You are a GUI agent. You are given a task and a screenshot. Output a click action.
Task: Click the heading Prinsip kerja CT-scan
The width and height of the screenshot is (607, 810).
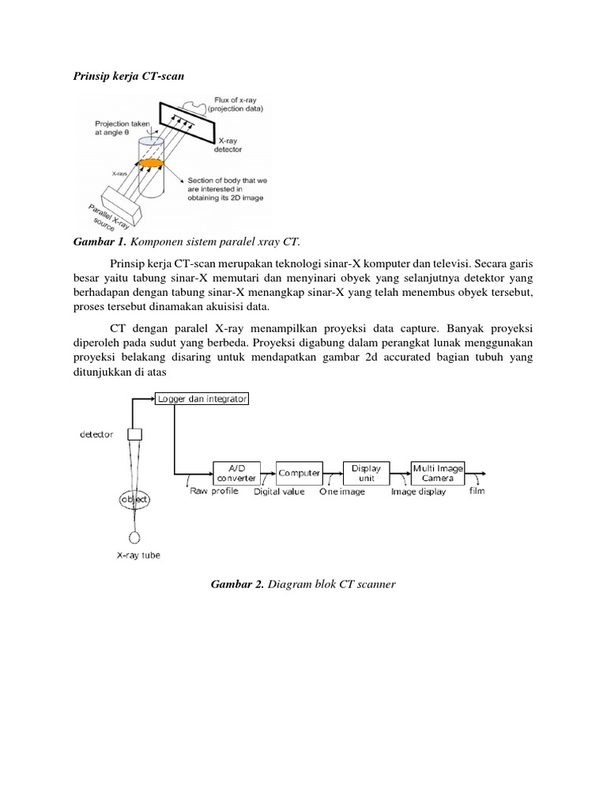point(127,76)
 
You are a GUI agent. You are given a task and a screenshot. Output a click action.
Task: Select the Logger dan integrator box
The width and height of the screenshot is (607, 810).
point(202,399)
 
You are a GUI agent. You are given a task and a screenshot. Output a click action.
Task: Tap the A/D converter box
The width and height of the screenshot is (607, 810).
point(236,473)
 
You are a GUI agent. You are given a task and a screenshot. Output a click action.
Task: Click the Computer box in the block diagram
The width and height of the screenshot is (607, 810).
point(299,473)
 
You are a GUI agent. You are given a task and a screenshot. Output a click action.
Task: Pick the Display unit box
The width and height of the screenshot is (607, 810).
point(366,473)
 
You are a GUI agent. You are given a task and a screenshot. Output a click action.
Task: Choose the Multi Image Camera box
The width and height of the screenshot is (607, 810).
point(438,473)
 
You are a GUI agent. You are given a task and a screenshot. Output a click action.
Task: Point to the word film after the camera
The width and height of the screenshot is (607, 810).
point(477,490)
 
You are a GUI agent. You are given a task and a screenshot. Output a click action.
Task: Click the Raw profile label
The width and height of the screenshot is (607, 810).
point(214,491)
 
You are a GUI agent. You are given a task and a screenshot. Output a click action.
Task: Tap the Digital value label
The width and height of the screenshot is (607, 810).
point(279,491)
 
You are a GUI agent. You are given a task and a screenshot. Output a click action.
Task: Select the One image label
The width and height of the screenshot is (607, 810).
point(342,491)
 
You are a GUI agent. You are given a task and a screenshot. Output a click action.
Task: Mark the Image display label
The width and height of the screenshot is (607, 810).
point(418,491)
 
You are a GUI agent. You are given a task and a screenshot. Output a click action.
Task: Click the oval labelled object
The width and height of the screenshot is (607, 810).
point(134,500)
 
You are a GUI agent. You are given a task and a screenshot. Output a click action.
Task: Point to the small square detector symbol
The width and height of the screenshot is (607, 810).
point(134,433)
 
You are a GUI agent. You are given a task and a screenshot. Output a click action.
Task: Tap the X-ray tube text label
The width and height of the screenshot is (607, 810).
point(138,555)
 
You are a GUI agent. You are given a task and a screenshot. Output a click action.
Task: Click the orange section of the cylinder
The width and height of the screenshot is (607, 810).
point(151,163)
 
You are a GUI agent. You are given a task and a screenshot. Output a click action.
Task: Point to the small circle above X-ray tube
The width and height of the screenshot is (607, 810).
point(134,537)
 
